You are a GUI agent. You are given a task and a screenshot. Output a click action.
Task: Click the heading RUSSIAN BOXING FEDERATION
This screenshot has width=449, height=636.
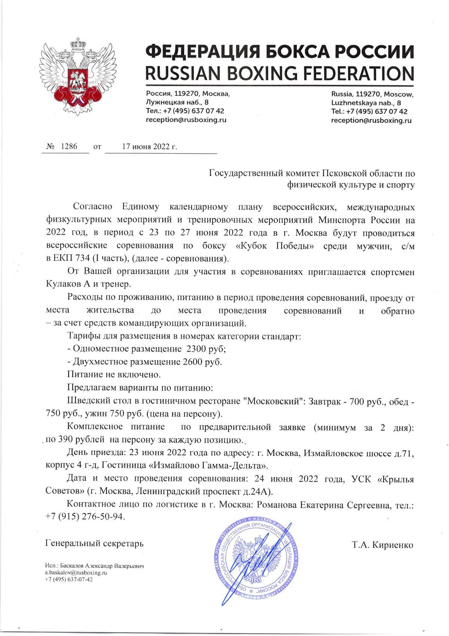[x=280, y=72]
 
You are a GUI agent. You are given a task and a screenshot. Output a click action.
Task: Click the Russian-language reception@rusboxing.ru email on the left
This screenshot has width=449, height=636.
[x=186, y=120]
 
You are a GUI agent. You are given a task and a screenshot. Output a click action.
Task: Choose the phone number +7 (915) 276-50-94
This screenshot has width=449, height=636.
[x=84, y=516]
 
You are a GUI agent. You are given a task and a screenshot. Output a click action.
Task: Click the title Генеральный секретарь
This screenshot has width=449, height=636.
[x=94, y=543]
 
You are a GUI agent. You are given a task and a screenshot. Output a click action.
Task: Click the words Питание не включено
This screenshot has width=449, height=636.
[x=114, y=374]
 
